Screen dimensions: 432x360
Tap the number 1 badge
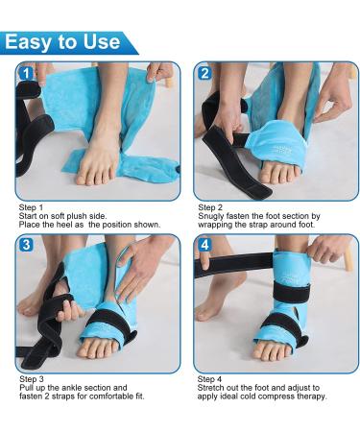pos(27,73)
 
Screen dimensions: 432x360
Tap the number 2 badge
pos(204,73)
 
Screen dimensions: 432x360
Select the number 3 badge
pos(27,246)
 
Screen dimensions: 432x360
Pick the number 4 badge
pos(204,246)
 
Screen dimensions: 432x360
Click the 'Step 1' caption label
pos(32,206)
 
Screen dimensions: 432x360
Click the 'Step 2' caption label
pos(210,206)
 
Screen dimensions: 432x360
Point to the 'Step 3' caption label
pos(32,379)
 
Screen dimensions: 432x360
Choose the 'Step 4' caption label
pos(210,379)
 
